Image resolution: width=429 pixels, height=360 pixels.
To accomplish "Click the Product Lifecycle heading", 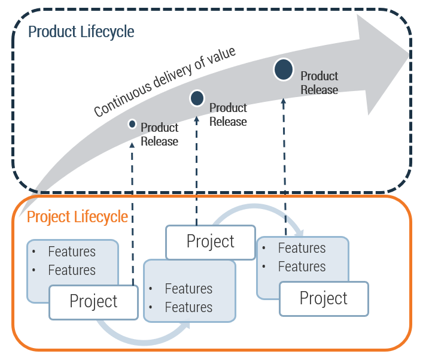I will pos(81,31).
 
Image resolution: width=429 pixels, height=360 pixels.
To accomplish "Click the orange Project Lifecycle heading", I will pos(77,216).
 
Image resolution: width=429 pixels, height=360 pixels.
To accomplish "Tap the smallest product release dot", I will pos(132,124).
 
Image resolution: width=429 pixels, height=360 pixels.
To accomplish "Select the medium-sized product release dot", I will pos(197,98).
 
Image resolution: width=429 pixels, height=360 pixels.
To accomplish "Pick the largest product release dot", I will pos(283,69).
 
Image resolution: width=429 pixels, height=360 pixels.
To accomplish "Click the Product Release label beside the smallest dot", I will pos(159,135).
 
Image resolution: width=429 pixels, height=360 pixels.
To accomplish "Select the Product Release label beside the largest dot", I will pos(319,83).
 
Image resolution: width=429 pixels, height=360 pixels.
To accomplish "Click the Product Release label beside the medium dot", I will pos(228,114).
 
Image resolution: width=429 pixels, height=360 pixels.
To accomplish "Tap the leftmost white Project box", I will pos(93,301).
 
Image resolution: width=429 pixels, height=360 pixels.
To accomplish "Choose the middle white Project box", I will pos(211,241).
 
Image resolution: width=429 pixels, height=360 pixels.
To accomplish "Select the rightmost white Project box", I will pos(324,298).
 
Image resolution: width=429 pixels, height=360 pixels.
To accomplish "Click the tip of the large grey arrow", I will pos(412,54).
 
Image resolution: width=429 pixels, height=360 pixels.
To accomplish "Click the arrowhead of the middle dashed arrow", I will pos(197,119).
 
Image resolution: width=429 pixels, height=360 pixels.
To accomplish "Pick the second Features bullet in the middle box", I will pos(188,307).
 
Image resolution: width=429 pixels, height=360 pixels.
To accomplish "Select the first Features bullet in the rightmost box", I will pos(302,248).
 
